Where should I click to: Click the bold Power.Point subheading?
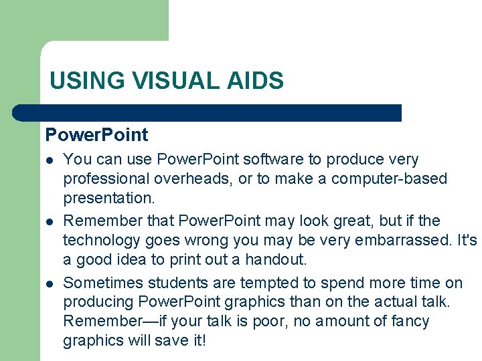pos(96,135)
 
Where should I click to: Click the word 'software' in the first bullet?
pos(271,160)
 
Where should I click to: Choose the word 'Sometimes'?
pos(103,283)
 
